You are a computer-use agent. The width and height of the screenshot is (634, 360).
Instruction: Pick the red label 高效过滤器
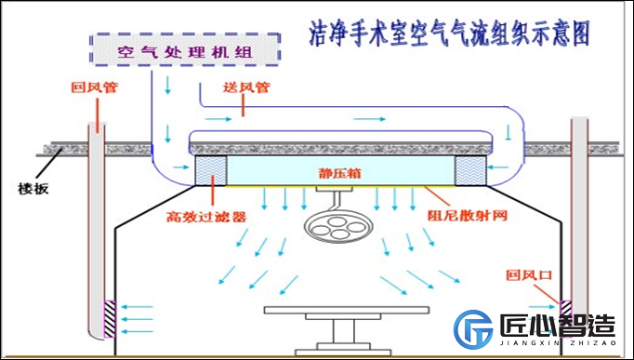click(205, 217)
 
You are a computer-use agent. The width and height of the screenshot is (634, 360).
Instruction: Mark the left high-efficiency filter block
click(213, 170)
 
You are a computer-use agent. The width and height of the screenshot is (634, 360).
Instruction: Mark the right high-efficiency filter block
click(469, 170)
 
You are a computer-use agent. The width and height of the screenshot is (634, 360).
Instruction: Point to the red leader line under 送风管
click(243, 106)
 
